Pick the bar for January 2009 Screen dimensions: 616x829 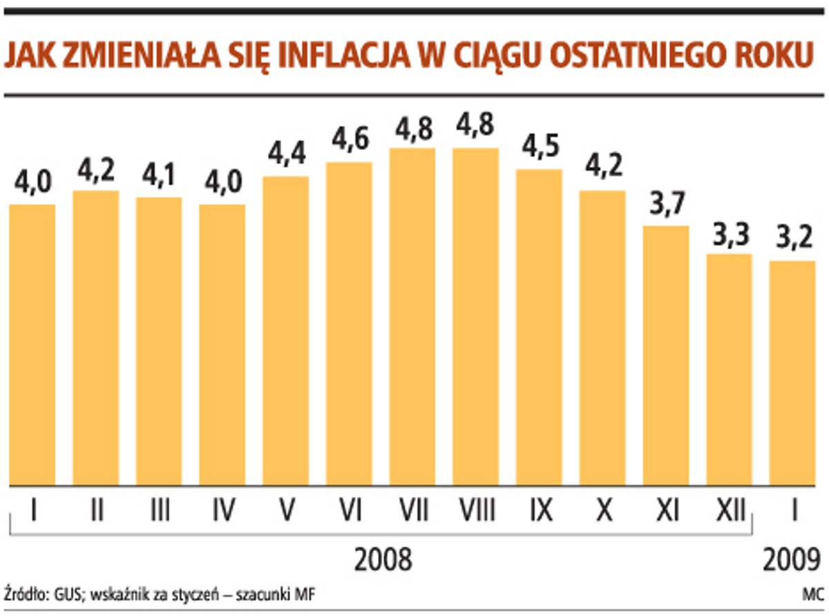[x=793, y=373]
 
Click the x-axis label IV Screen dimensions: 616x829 [x=222, y=512]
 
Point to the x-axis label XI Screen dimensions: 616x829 [x=666, y=512]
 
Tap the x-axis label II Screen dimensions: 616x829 [x=96, y=512]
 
